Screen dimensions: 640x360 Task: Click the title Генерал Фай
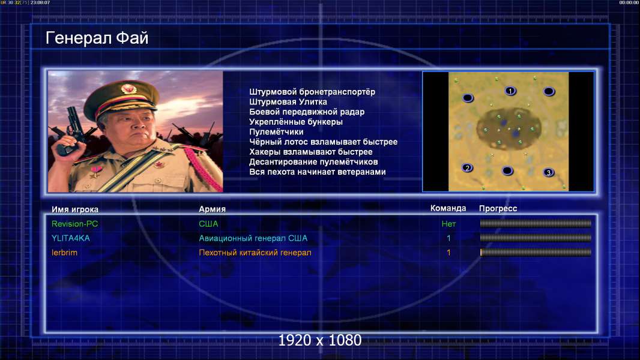pyautogui.click(x=97, y=38)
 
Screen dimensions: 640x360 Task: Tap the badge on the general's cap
pyautogui.click(x=128, y=89)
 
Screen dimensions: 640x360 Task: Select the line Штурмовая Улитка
pyautogui.click(x=288, y=102)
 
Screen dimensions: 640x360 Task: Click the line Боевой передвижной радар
pyautogui.click(x=307, y=112)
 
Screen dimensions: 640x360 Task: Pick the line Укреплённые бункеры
pyautogui.click(x=296, y=122)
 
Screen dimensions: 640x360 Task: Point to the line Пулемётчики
pyautogui.click(x=276, y=131)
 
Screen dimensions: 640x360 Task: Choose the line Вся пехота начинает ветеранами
pyautogui.click(x=318, y=172)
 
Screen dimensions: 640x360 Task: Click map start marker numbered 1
pyautogui.click(x=510, y=91)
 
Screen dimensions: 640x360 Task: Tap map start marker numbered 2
pyautogui.click(x=467, y=167)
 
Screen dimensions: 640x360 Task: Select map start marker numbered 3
pyautogui.click(x=549, y=172)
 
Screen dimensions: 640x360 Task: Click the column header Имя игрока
pyautogui.click(x=74, y=209)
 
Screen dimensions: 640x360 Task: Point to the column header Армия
pyautogui.click(x=213, y=209)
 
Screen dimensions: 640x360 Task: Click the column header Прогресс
pyautogui.click(x=498, y=209)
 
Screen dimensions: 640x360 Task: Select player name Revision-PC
pyautogui.click(x=74, y=224)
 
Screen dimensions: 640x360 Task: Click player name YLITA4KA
pyautogui.click(x=71, y=238)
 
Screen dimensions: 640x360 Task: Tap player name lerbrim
pyautogui.click(x=64, y=253)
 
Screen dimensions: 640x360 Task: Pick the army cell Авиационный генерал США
pyautogui.click(x=253, y=238)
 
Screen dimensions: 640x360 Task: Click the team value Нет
pyautogui.click(x=448, y=224)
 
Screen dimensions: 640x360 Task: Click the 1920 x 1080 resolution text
pyautogui.click(x=320, y=340)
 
